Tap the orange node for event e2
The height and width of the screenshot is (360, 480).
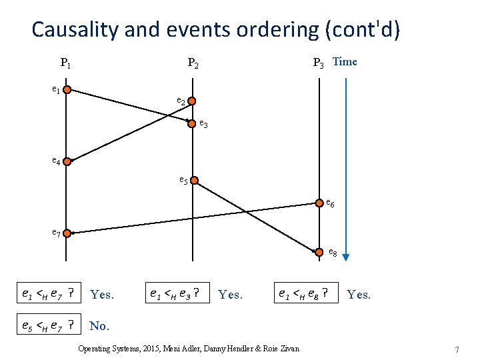(192, 101)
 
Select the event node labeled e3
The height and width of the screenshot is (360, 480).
(192, 123)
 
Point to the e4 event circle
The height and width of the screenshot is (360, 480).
(67, 161)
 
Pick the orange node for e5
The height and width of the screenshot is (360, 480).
(192, 181)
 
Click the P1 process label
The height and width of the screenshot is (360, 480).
(66, 64)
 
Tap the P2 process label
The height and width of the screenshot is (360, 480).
(193, 64)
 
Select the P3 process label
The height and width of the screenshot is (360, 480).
(319, 64)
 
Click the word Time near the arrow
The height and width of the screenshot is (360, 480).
(345, 62)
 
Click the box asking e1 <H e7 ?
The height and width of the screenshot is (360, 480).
(50, 293)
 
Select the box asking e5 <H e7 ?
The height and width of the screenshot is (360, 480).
(50, 325)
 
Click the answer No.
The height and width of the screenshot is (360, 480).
(99, 326)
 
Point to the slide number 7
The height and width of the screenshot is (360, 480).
(457, 350)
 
